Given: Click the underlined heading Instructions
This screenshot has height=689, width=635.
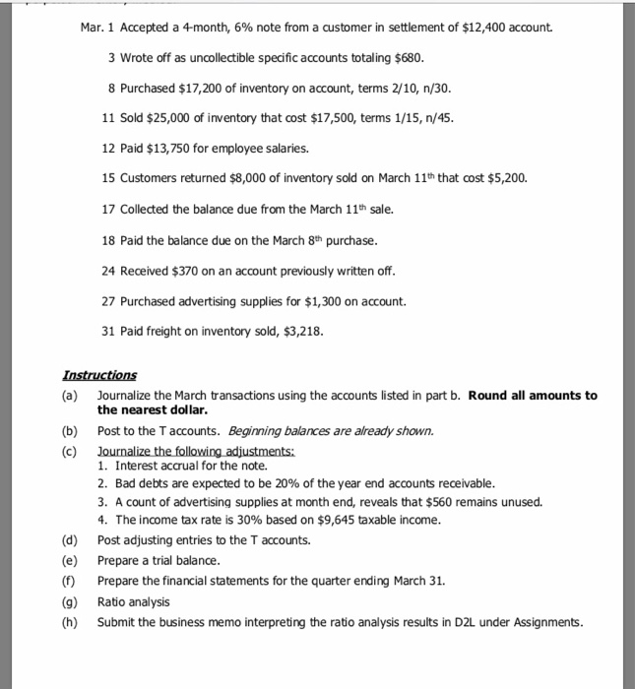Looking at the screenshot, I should tap(99, 376).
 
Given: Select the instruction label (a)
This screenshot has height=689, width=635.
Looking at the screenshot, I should tap(69, 396).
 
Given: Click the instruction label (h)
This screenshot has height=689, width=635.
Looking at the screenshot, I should tap(69, 622).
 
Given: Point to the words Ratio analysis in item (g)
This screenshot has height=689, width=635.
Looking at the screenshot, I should tap(133, 601).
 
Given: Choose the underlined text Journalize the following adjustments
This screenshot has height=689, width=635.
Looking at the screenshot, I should tap(182, 450).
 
